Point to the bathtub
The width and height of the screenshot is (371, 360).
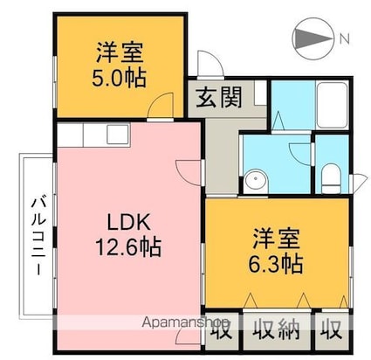334,105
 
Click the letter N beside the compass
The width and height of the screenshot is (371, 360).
345,39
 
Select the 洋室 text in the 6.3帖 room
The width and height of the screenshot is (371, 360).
278,236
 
